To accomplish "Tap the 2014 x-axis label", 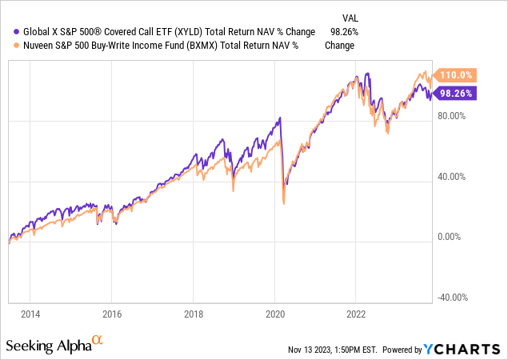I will [30, 314].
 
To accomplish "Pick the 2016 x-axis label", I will [112, 314].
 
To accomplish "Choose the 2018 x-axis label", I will [194, 314].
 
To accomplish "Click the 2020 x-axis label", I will [274, 314].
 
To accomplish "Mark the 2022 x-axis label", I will [356, 314].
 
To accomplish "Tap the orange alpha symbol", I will [98, 341].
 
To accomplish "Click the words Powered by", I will [403, 350].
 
